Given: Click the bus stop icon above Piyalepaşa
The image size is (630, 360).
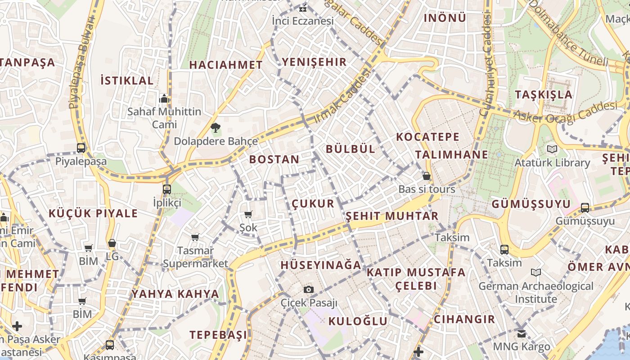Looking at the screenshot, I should coord(81,148).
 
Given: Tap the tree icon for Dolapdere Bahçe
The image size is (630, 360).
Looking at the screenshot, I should coord(216,128).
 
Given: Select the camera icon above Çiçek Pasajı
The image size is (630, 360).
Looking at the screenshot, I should coord(308,289).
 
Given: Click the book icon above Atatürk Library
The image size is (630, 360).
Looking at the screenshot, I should coord(552,149).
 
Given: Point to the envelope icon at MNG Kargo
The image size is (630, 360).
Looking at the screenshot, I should coord(521,333).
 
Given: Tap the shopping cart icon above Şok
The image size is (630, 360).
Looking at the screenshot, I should coord(248,214).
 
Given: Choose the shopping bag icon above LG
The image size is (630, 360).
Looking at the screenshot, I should coord(112,243).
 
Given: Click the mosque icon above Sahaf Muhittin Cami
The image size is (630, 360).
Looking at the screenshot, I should coord(164,99).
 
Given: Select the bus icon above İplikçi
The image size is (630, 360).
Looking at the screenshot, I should coord(167,189).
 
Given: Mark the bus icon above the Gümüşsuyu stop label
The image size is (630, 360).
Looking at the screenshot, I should coord(585,207).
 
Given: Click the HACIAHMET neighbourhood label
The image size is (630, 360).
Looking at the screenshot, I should coord(226,65).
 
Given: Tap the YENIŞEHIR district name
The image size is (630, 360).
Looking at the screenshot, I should coord(314,62).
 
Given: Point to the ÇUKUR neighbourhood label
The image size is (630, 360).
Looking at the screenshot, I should coord(313,203).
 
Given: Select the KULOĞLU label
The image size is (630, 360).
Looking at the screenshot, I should coord(358,321).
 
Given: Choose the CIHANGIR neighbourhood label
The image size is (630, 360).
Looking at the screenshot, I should coord(464,319).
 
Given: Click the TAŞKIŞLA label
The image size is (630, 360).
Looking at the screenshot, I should coord(544,94).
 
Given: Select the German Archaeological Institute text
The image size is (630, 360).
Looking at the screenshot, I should coord(535,292).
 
